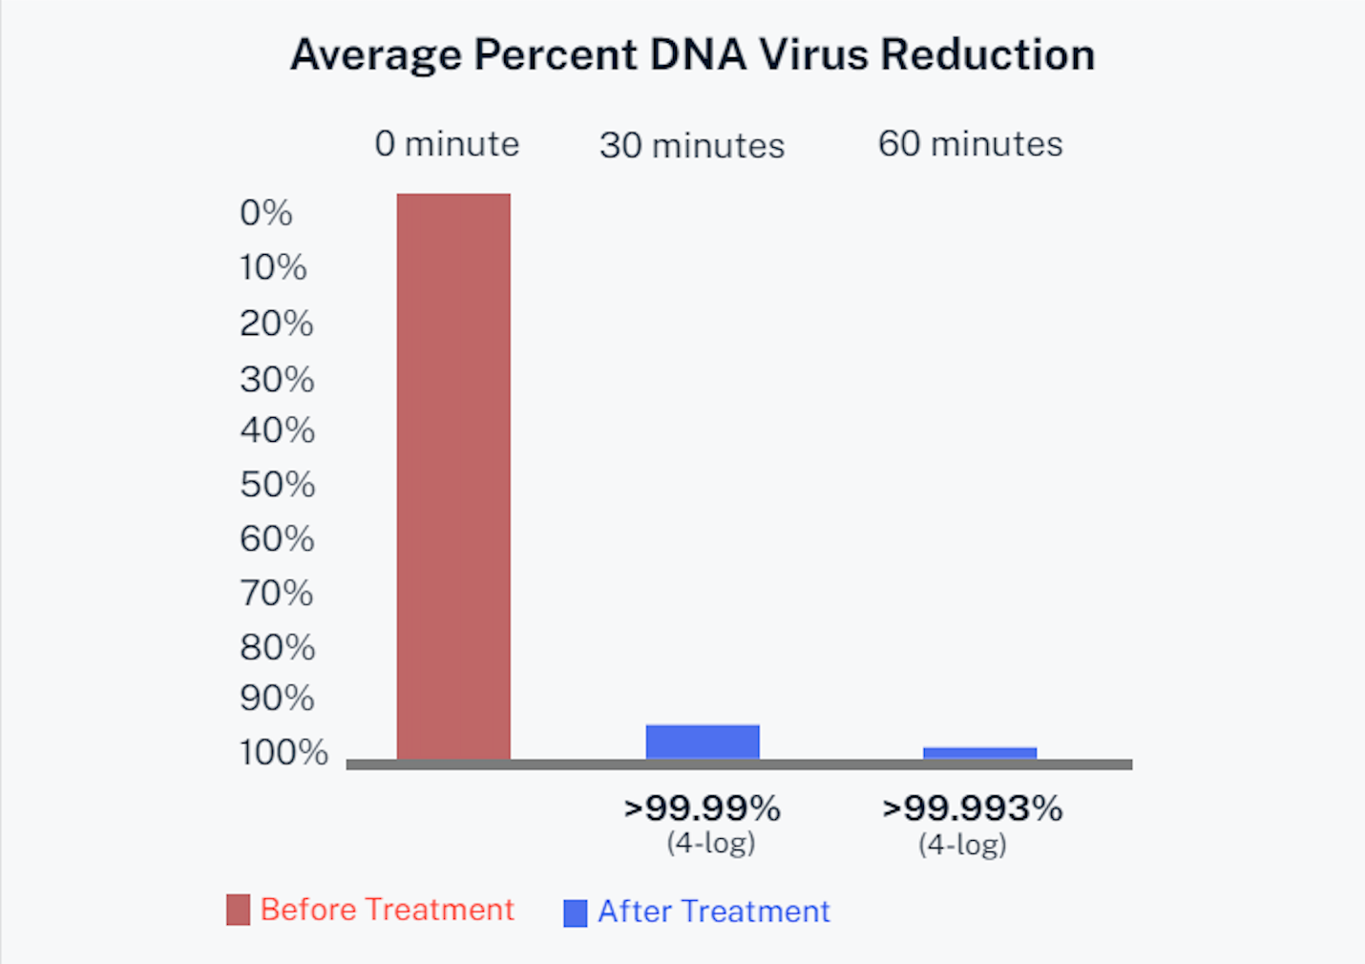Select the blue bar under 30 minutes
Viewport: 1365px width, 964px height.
tap(703, 743)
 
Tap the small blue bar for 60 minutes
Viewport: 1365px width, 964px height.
tap(979, 753)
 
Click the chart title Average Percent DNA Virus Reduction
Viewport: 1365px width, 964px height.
tap(692, 54)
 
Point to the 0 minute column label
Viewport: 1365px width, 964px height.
tap(447, 144)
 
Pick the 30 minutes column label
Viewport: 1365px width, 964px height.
tap(692, 146)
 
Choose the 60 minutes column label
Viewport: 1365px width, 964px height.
tap(970, 144)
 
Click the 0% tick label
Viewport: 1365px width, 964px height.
tap(266, 213)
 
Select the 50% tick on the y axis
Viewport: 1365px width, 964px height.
tap(277, 485)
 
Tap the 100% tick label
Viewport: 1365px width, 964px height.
tap(283, 752)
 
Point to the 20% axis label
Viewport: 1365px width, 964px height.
tap(276, 324)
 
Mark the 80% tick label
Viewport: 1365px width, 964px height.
tap(277, 647)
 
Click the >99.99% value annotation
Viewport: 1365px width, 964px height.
tap(703, 808)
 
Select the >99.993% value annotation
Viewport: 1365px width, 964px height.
tap(972, 808)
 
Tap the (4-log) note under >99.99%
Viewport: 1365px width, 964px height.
tap(711, 843)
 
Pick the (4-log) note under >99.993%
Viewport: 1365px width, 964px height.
tap(962, 845)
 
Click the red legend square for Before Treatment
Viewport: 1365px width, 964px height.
tap(238, 910)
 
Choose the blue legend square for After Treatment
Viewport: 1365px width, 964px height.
tap(576, 913)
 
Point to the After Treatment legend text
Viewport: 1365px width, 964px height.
tap(714, 912)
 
